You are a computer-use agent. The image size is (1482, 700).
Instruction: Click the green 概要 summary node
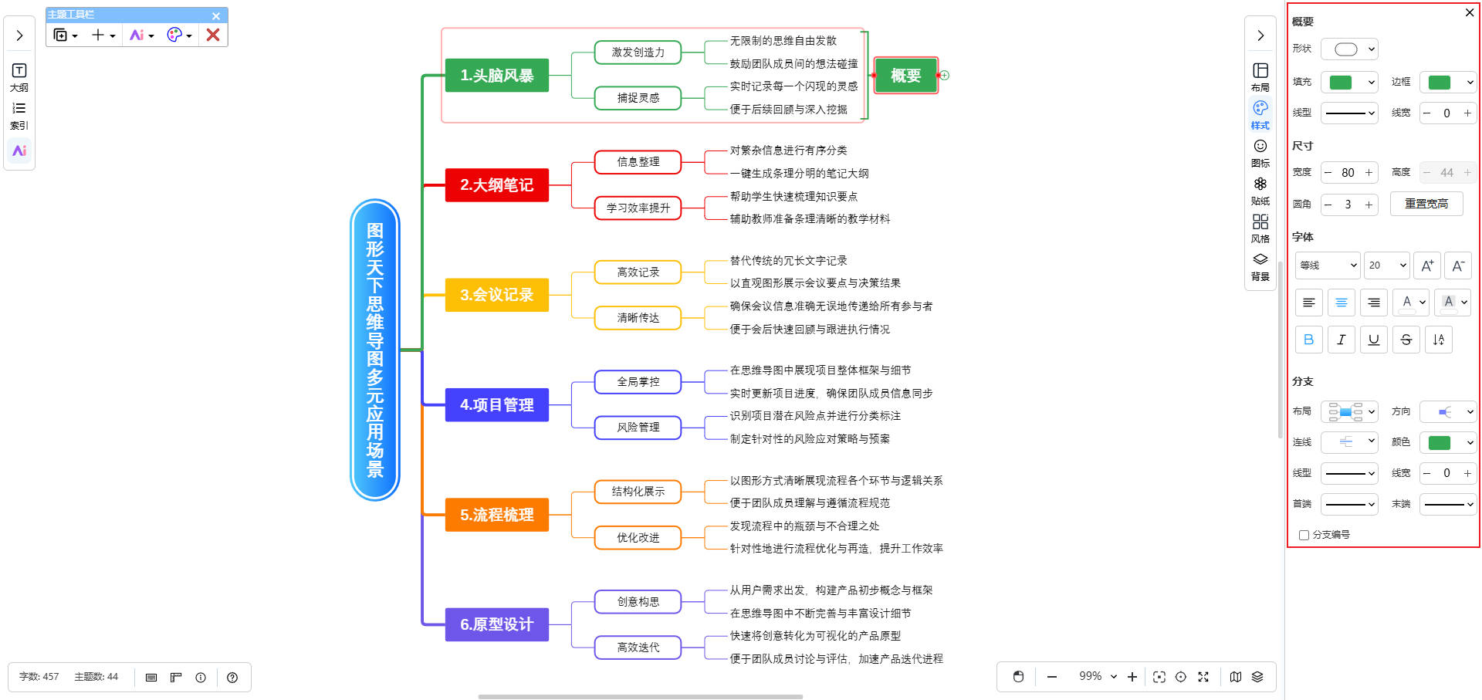click(x=905, y=76)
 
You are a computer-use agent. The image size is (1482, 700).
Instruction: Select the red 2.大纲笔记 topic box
click(x=496, y=185)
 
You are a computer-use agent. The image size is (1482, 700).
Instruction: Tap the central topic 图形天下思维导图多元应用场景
click(x=375, y=350)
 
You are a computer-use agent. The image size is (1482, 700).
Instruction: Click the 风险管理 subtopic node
click(x=638, y=428)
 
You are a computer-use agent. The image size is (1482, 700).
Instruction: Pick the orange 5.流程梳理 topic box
click(x=496, y=515)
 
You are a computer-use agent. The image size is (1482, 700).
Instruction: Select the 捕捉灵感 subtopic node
click(x=638, y=98)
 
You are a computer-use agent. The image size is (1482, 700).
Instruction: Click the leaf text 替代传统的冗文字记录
click(x=788, y=261)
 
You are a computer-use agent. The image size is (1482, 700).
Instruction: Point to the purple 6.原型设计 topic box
click(x=496, y=624)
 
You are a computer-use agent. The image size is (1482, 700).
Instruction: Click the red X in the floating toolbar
click(x=213, y=35)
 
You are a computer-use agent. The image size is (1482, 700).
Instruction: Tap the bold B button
click(x=1308, y=340)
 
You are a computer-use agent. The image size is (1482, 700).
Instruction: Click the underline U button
click(x=1373, y=340)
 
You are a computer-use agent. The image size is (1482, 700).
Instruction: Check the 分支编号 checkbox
click(x=1304, y=535)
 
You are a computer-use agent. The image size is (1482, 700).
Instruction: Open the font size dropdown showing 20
click(x=1386, y=265)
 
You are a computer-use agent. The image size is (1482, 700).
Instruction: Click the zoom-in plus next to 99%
click(x=1132, y=677)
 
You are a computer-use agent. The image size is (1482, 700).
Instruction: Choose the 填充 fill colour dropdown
click(x=1348, y=83)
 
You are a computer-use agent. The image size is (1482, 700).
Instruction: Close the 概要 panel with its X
click(x=1469, y=12)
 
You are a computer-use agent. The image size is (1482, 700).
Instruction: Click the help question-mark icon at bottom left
click(x=232, y=678)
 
